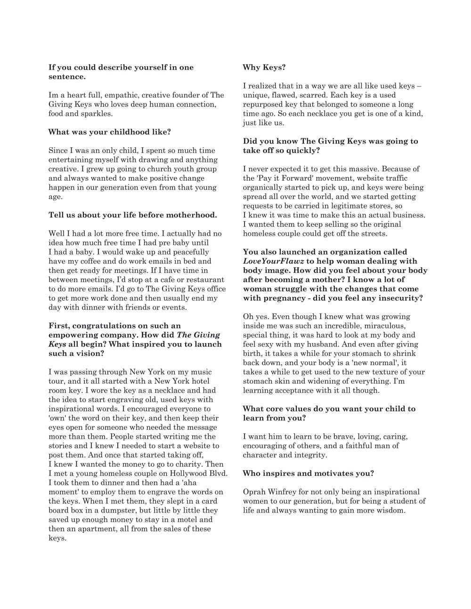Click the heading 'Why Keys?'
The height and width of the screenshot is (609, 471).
[x=264, y=67]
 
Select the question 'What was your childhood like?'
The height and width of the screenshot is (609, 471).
[x=110, y=132]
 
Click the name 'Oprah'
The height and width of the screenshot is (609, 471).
[x=255, y=492]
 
